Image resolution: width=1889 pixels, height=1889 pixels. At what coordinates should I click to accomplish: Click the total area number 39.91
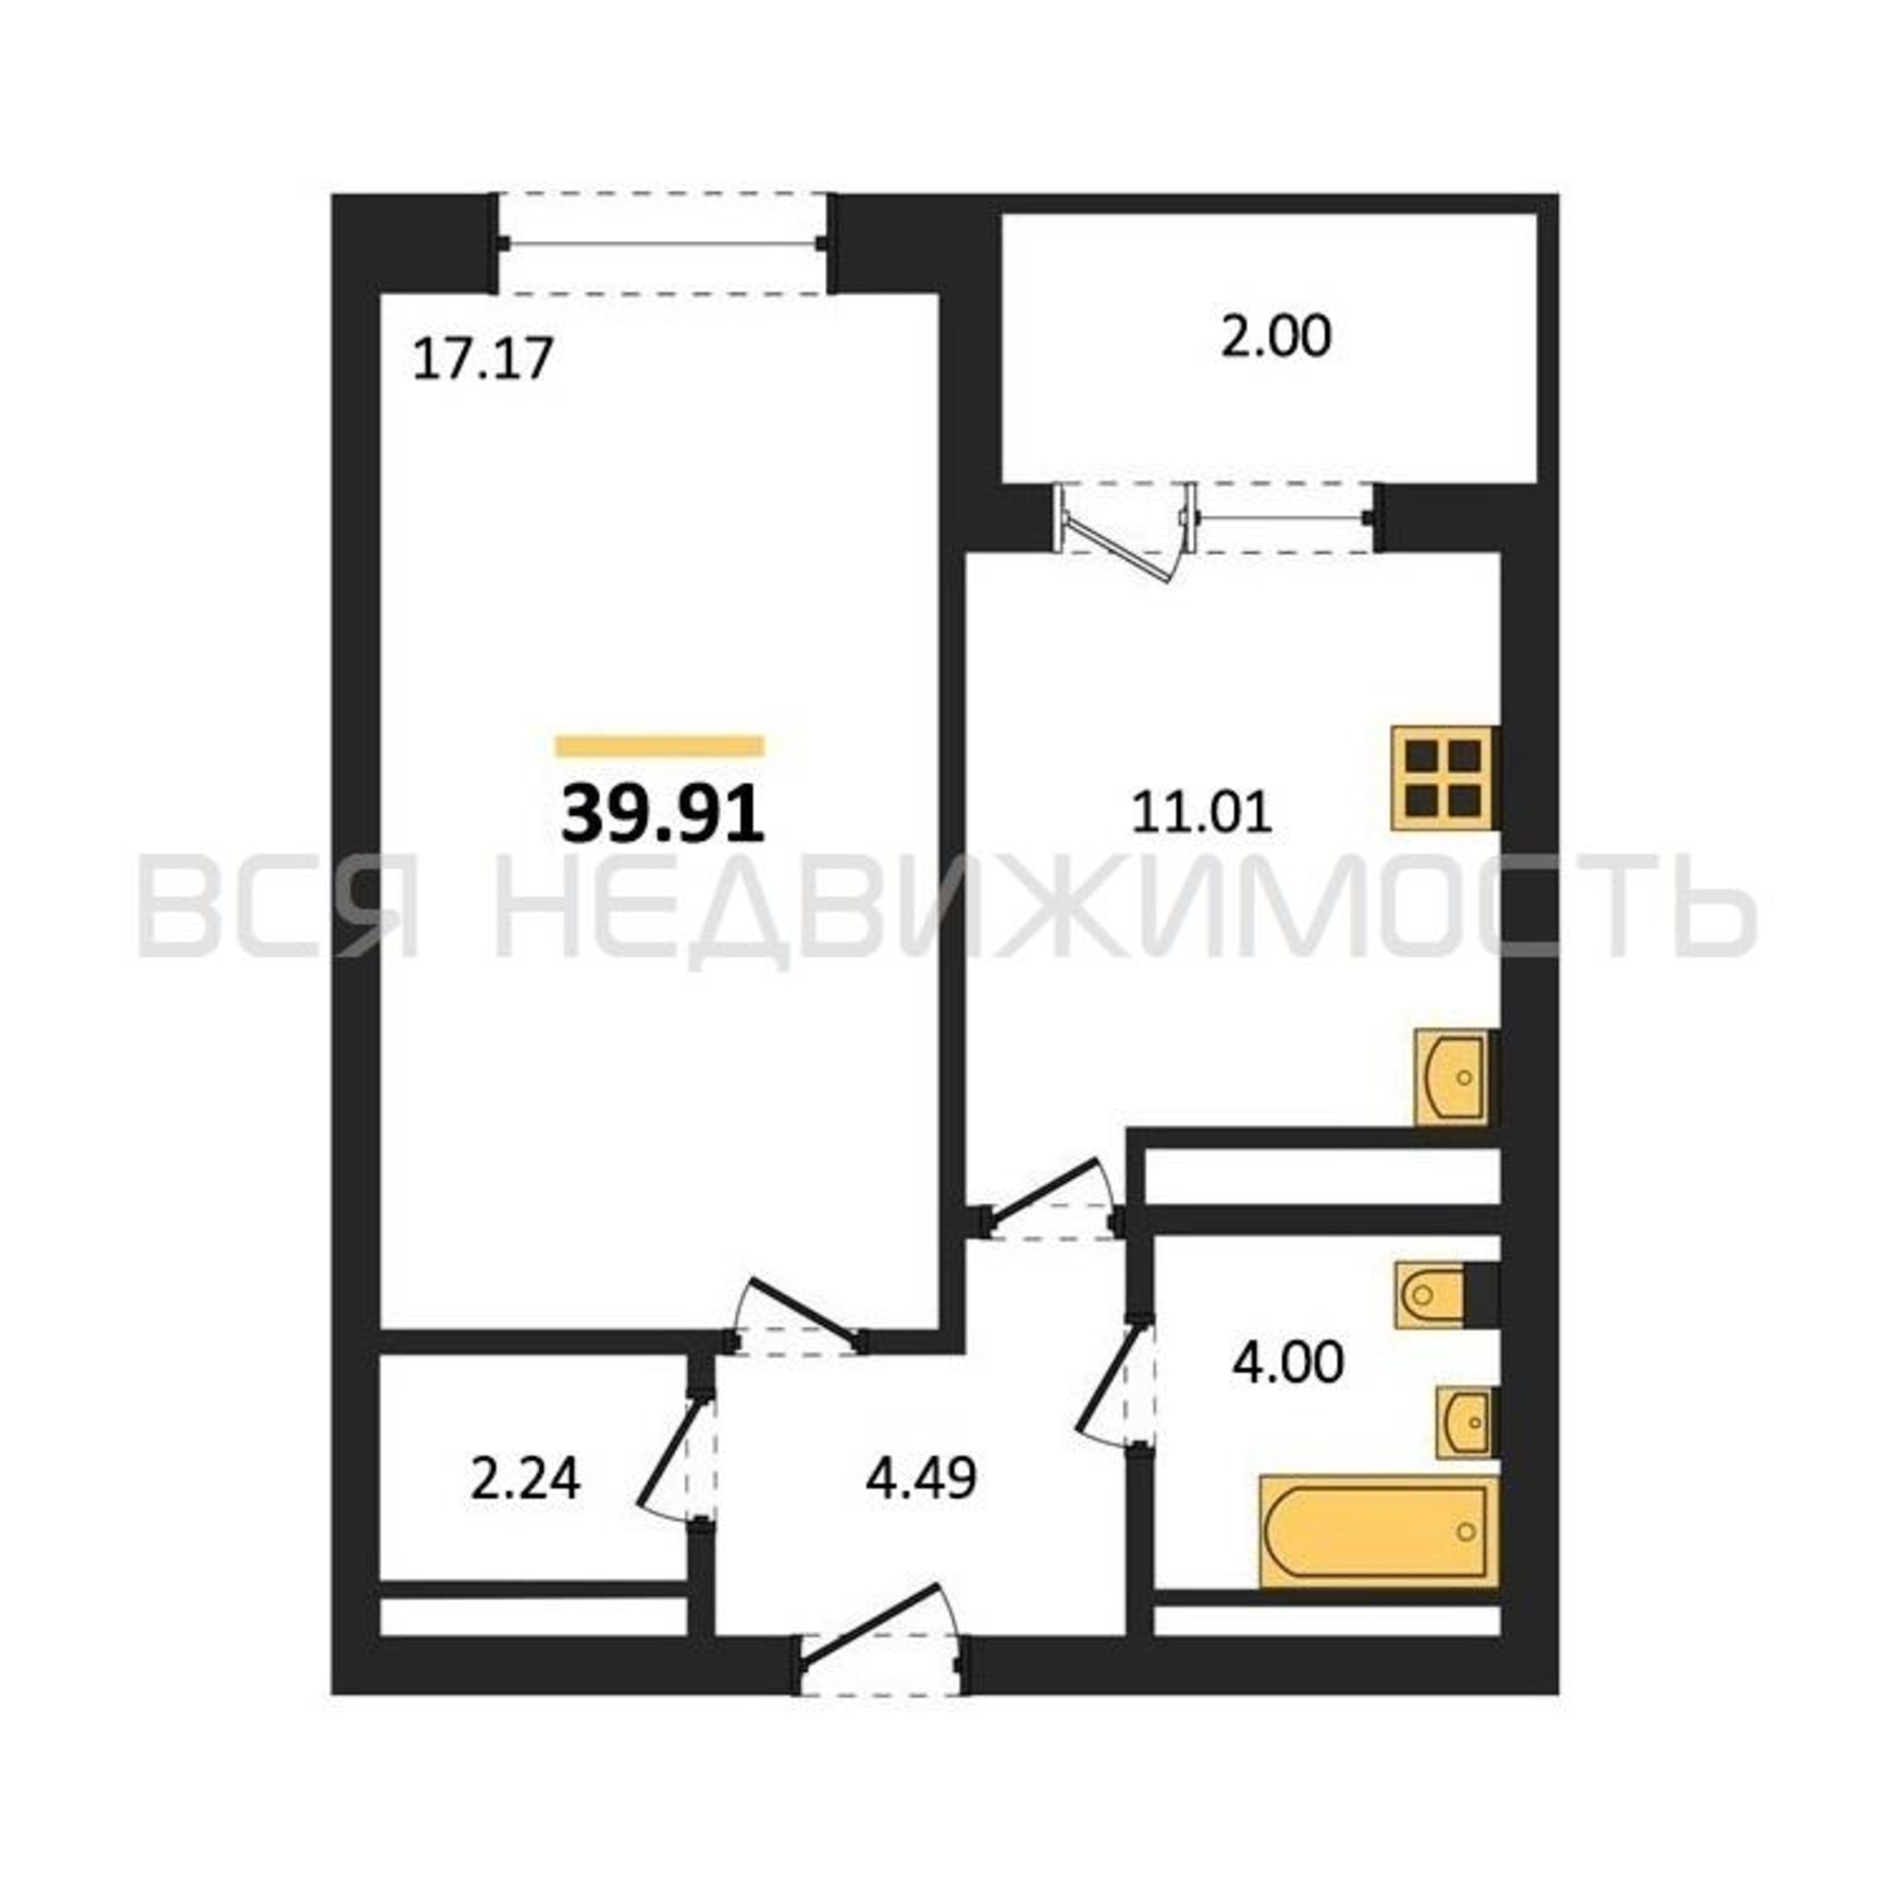[x=662, y=816]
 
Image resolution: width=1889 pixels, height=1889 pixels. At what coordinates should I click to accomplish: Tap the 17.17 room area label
[x=483, y=359]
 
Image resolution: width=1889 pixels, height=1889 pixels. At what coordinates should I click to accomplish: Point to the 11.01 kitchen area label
[x=1201, y=813]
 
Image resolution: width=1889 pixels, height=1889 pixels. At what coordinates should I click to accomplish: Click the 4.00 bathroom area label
[x=1287, y=1362]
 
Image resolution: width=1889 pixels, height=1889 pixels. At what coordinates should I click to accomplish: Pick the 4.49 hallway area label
[x=921, y=1479]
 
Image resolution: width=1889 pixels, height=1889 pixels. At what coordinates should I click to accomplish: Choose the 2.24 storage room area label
[x=525, y=1479]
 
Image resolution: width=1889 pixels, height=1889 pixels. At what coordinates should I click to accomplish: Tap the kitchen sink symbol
[x=1452, y=1077]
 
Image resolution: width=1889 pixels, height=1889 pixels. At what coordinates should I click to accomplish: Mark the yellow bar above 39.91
[x=660, y=746]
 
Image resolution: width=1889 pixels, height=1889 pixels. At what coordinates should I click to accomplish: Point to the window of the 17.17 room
[x=662, y=244]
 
